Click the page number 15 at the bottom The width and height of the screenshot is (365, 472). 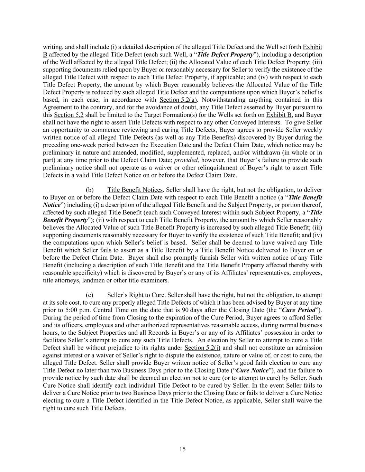182,449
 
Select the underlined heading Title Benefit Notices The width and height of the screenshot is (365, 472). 135,190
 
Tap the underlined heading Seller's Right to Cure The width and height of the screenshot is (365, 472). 136,295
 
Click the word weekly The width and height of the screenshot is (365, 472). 312,130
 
